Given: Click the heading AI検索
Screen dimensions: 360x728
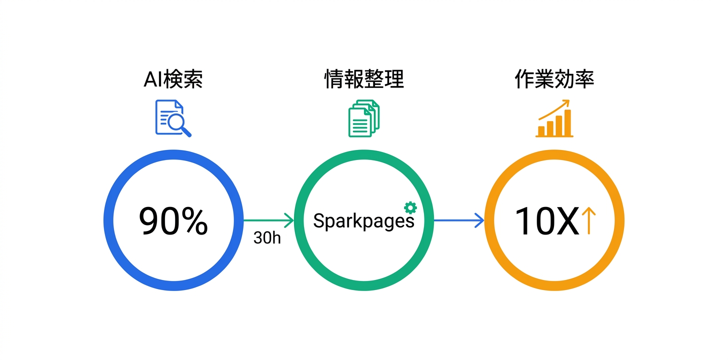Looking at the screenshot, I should click(173, 79).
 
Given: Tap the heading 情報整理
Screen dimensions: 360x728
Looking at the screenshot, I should click(364, 79).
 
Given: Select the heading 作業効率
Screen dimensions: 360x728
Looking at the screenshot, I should click(554, 79).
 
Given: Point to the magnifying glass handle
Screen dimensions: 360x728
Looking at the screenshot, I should click(186, 131).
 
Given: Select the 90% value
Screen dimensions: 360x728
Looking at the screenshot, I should click(173, 220).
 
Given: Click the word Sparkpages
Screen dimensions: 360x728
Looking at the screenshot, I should click(363, 221).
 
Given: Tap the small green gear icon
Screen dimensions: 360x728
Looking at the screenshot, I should click(410, 207).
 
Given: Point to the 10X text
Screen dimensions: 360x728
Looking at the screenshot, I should click(546, 221).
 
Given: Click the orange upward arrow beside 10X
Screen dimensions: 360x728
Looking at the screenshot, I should click(589, 221).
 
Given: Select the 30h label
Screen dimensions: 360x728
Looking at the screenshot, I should click(267, 238).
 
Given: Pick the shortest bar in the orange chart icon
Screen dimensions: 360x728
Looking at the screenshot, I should click(541, 131).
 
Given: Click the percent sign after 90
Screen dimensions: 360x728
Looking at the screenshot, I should click(191, 221).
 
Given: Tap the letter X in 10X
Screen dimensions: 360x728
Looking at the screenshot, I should click(567, 221).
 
